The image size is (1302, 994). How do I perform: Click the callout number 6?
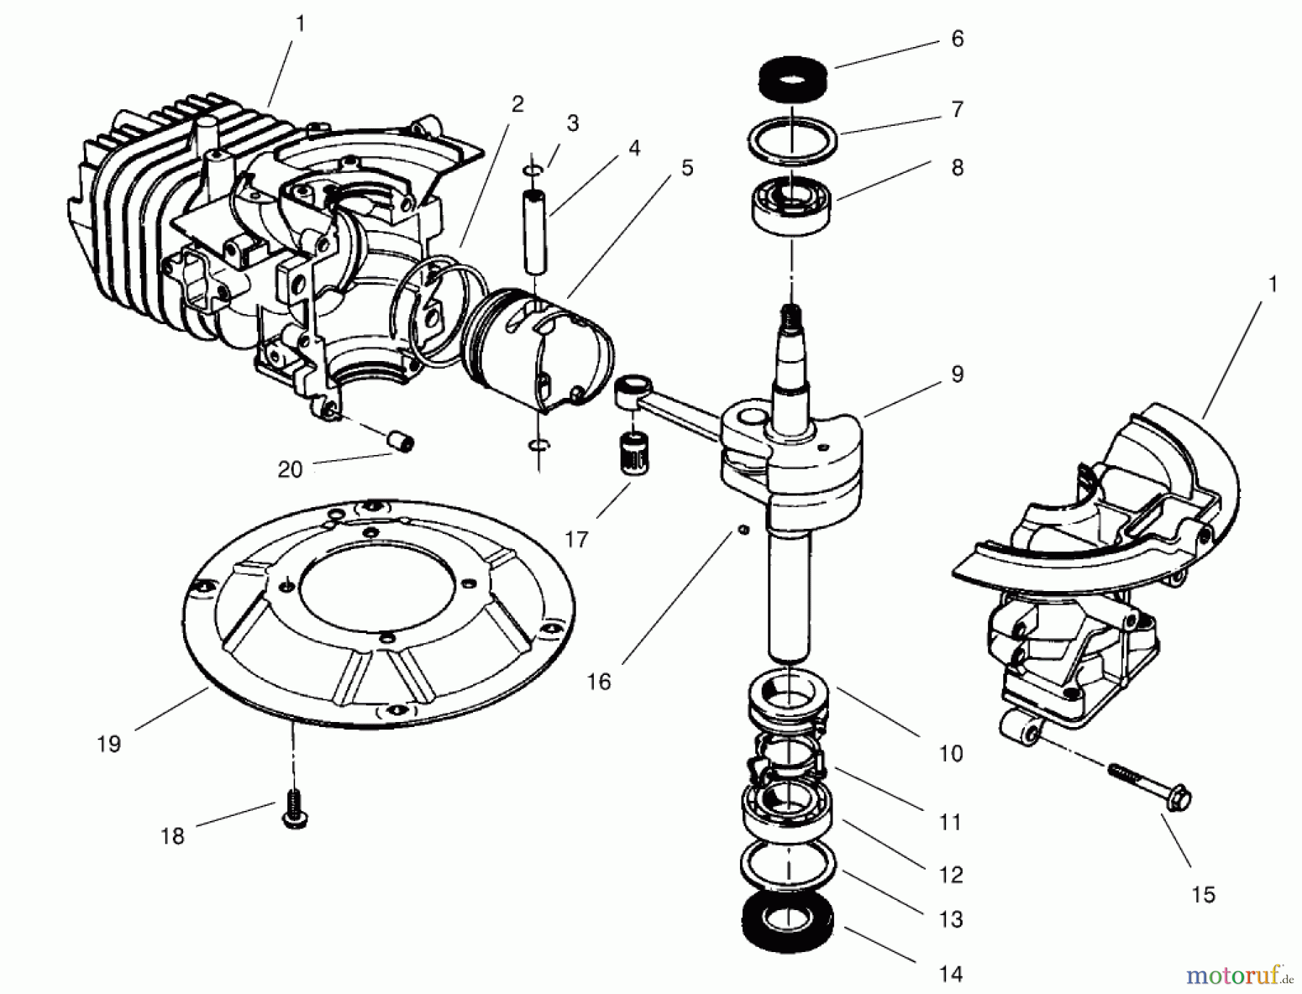click(957, 39)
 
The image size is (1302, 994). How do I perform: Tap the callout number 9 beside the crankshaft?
click(957, 375)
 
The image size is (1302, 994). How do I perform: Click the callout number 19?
click(109, 744)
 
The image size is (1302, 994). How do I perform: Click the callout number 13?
click(951, 919)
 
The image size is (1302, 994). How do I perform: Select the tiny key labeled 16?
click(742, 530)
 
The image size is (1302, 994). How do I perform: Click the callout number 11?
click(950, 823)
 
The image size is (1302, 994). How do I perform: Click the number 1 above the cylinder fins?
click(300, 24)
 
